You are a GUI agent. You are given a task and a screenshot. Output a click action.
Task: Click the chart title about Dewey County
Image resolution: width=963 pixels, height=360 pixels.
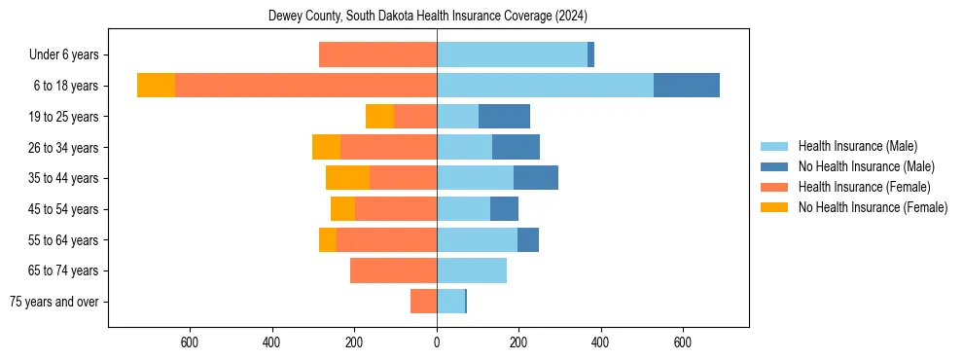coord(427,17)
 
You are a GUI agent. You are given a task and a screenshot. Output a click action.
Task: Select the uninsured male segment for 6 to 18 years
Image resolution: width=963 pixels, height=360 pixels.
coord(686,86)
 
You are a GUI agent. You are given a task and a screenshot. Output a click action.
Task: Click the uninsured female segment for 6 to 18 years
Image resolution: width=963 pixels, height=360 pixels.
coord(156,86)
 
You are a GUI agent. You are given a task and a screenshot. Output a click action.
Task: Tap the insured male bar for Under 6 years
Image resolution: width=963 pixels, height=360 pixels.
coord(512,54)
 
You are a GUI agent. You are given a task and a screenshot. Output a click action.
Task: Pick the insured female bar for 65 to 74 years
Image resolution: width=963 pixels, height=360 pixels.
coord(393,270)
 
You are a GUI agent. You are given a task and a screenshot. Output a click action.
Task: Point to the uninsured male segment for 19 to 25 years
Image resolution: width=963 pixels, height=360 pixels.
coord(504,117)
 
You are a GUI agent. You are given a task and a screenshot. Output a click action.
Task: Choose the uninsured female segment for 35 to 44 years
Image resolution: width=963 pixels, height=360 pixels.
coord(347,178)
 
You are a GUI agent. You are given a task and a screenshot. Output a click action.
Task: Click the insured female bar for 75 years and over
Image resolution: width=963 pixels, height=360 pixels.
coord(423,302)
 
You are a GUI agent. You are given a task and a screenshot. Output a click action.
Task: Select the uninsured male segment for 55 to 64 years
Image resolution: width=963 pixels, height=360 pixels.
coord(528,239)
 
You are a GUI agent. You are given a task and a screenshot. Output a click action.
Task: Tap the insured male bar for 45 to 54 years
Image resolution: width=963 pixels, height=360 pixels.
coord(463,209)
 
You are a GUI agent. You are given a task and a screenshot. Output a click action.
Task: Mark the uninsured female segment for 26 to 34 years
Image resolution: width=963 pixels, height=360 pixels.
coord(326,147)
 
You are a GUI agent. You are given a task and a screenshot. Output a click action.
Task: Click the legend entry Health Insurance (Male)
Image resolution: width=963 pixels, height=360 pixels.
coord(857,146)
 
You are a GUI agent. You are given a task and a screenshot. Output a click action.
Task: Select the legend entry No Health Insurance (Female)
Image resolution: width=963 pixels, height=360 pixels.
coord(873,207)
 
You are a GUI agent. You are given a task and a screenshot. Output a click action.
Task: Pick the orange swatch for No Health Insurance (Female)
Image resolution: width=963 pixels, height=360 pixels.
coord(774,207)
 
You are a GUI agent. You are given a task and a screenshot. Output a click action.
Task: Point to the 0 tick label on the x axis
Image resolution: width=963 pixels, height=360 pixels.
coord(437,342)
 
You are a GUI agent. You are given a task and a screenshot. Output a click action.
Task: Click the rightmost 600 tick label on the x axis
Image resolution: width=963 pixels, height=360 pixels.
coord(683,342)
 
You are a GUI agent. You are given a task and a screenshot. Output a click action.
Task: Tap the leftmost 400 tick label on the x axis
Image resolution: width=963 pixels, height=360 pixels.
coord(271,342)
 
